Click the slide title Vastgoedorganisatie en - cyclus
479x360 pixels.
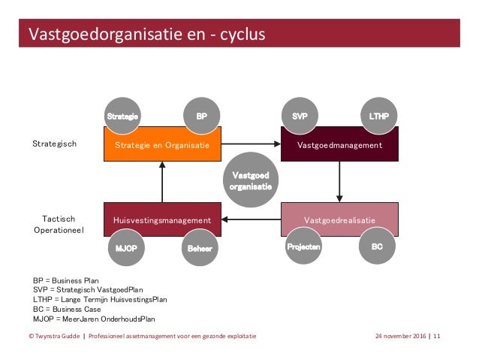click(x=146, y=35)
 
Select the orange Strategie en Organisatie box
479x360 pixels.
click(x=162, y=144)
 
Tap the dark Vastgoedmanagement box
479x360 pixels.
click(x=339, y=144)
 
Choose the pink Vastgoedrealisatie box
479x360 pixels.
click(x=339, y=219)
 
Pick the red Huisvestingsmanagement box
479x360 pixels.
click(x=162, y=219)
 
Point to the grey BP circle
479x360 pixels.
click(x=202, y=116)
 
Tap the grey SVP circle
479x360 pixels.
click(x=300, y=116)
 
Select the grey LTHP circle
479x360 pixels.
click(x=379, y=116)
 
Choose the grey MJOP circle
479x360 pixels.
click(x=125, y=247)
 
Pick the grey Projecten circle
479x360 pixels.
click(x=303, y=247)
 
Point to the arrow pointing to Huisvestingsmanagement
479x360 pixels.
click(x=252, y=219)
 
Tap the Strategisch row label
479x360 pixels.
click(x=54, y=143)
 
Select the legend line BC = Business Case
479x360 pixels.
click(x=66, y=308)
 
